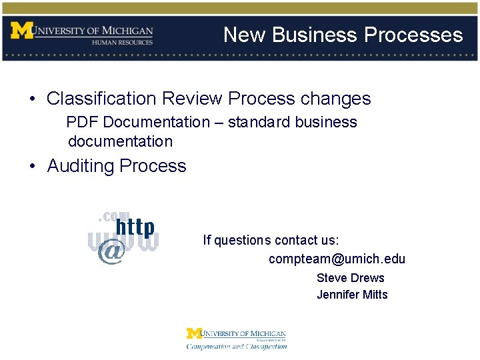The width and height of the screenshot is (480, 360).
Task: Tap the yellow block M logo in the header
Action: pyautogui.click(x=21, y=31)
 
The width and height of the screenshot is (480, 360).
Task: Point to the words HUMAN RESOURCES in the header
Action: pyautogui.click(x=123, y=42)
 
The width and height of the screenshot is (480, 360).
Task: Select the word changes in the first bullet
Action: pyautogui.click(x=335, y=99)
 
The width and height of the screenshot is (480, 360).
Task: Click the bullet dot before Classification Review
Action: pyautogui.click(x=33, y=99)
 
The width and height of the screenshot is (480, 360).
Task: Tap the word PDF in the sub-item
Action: pyautogui.click(x=82, y=122)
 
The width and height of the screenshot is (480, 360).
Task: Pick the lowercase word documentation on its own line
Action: pyautogui.click(x=120, y=141)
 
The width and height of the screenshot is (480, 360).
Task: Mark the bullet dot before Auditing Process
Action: pyautogui.click(x=33, y=166)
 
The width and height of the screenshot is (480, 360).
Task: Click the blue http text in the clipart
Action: pyautogui.click(x=135, y=228)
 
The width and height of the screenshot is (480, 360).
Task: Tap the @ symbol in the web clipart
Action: pyautogui.click(x=111, y=252)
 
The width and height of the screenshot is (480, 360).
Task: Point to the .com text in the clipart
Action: pyautogui.click(x=113, y=215)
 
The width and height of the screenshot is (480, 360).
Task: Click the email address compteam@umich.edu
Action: pyautogui.click(x=337, y=259)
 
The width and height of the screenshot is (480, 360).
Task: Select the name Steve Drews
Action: pyautogui.click(x=350, y=278)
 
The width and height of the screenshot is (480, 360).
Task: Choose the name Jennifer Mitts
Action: pyautogui.click(x=352, y=295)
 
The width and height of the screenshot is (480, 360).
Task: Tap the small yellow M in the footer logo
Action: pyautogui.click(x=193, y=333)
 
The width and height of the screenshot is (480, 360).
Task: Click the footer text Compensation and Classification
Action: pyautogui.click(x=236, y=346)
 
